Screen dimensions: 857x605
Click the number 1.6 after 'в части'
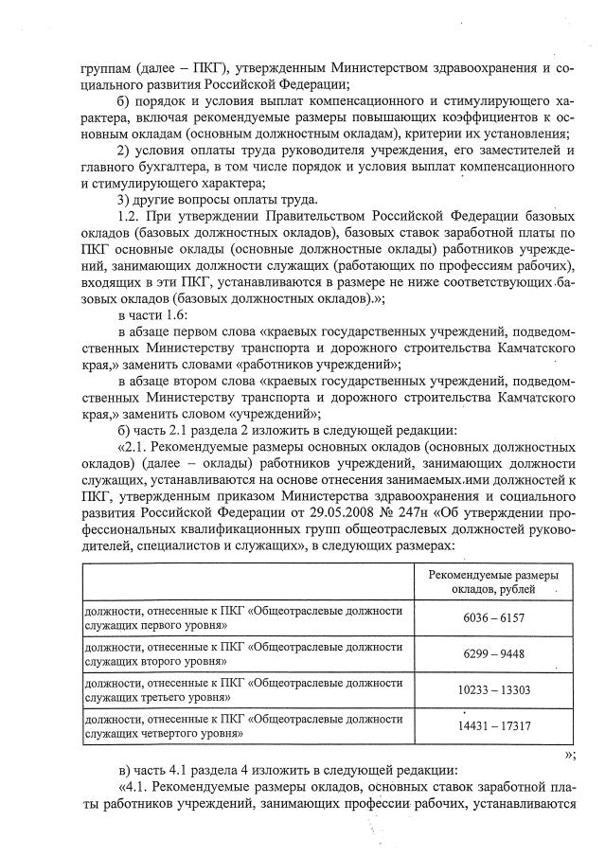click(177, 313)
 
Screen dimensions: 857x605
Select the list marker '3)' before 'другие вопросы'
click(121, 199)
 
